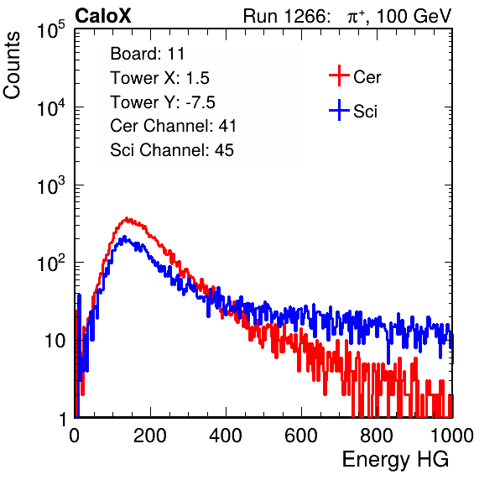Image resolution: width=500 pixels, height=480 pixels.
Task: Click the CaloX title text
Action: pos(103,16)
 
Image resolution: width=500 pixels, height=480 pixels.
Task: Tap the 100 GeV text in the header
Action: pos(414,16)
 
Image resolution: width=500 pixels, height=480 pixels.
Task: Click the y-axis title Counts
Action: pos(12,65)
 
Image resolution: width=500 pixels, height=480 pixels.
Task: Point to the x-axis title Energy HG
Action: pos(395,460)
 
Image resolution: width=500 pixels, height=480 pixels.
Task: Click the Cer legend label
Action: pos(367,77)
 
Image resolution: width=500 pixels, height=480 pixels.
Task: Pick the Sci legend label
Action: pos(366,112)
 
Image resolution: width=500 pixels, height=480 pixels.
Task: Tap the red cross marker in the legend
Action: pos(339,76)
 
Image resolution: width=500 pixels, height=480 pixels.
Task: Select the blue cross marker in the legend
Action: pos(339,110)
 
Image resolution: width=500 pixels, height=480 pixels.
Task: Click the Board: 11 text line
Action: pos(148,54)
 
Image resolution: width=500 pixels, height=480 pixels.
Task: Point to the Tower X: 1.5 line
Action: pos(159,78)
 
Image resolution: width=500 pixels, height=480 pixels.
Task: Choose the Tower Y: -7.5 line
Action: pos(163,102)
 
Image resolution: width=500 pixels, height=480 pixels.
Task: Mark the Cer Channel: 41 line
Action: pos(173,126)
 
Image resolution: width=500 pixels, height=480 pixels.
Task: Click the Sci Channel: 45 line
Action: pos(172,150)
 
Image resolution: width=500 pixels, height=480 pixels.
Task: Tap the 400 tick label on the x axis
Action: pos(226,436)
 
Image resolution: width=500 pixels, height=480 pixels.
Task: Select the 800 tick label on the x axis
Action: pos(377,436)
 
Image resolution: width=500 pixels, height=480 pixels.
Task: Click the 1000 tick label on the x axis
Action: pos(451,436)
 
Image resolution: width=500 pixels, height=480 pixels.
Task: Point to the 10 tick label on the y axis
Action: pos(55,341)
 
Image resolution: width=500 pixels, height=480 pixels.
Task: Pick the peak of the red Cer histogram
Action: pos(127,218)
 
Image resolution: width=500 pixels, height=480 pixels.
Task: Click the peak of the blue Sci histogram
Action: pos(124,237)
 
